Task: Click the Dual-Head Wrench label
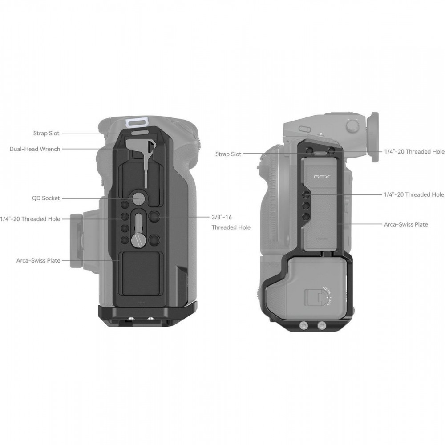point(35,149)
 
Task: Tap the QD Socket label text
point(46,198)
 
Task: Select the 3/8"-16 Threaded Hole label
point(231,222)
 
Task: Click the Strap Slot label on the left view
point(46,133)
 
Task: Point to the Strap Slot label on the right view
point(228,154)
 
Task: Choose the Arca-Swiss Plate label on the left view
point(38,260)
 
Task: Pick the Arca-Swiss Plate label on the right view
point(406,224)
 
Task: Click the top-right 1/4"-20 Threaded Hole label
point(414,152)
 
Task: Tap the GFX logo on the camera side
point(322,177)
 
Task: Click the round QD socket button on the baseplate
point(138,198)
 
